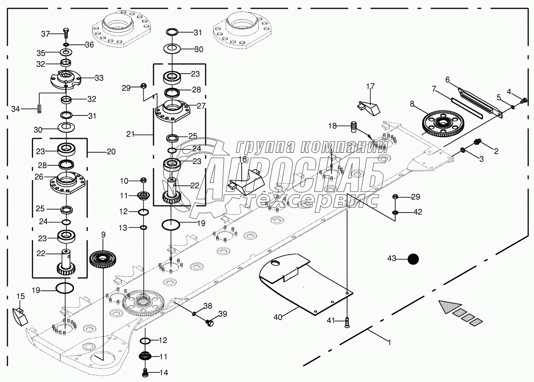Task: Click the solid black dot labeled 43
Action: pyautogui.click(x=413, y=259)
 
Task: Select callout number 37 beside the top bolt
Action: pyautogui.click(x=45, y=33)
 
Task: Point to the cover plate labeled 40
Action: pyautogui.click(x=305, y=285)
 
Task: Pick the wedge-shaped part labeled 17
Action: pyautogui.click(x=368, y=107)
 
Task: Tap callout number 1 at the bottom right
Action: pyautogui.click(x=389, y=343)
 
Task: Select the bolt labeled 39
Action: pyautogui.click(x=210, y=322)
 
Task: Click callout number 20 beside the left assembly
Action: pyautogui.click(x=111, y=152)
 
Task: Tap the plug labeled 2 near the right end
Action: pyautogui.click(x=478, y=144)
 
